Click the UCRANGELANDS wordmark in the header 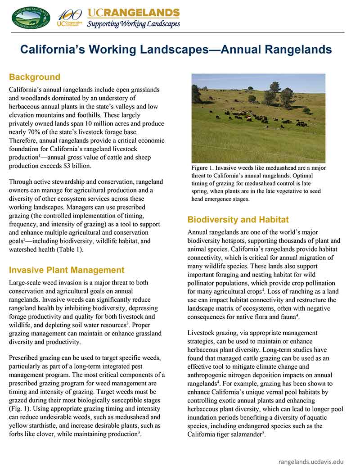point(133,13)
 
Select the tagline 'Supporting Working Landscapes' point(133,24)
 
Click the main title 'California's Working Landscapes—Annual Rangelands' point(176,50)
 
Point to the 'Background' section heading point(35,77)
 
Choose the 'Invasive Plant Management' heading point(67,270)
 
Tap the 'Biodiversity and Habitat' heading point(238,220)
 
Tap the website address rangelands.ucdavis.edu point(311,461)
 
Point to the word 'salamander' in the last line point(246,434)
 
